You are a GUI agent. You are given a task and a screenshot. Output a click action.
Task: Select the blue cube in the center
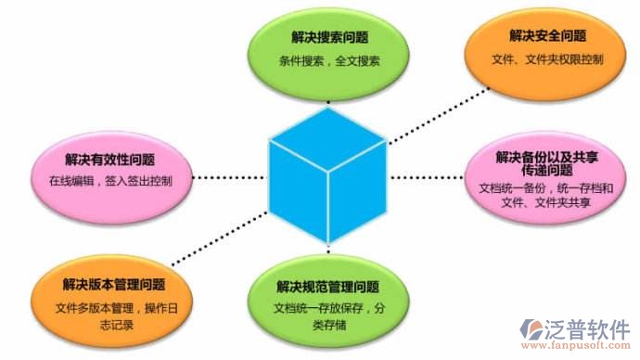pyautogui.click(x=326, y=176)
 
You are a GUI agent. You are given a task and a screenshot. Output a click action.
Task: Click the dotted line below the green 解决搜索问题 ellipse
pyautogui.click(x=327, y=96)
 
